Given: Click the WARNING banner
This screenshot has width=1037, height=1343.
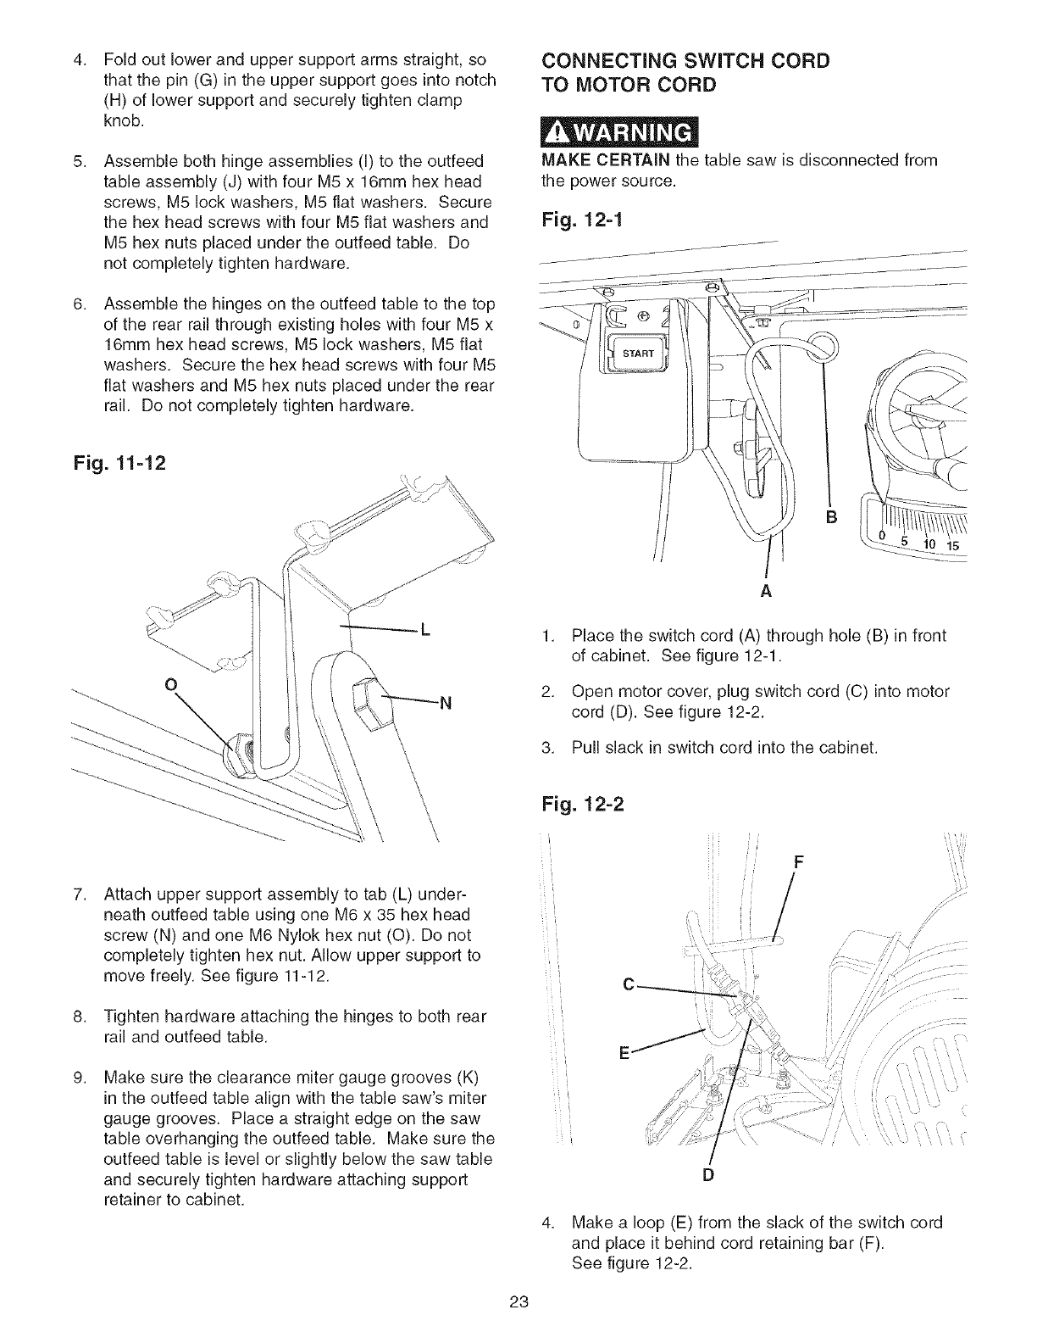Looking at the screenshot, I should point(617,135).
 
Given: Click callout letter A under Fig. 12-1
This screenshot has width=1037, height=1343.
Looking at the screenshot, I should point(766,592).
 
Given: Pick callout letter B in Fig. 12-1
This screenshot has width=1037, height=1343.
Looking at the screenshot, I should point(831,517).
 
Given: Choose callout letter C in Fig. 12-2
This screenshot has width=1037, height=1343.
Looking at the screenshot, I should point(628,984).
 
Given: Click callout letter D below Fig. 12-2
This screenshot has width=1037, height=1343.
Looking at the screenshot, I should point(708,1174).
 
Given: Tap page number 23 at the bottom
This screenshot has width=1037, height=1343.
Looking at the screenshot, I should point(518,1301).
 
